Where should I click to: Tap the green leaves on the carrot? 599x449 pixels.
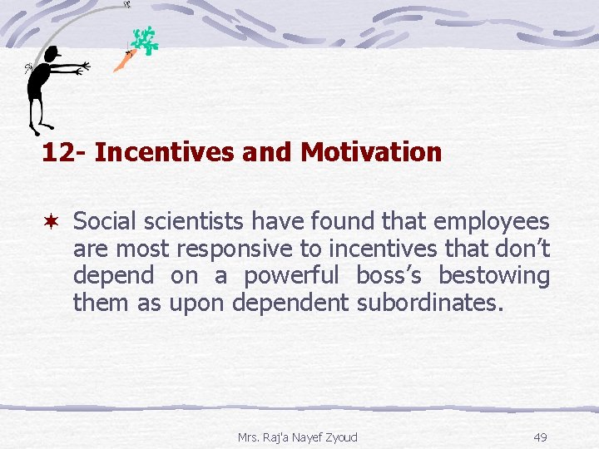[x=146, y=40]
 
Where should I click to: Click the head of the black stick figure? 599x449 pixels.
[x=52, y=55]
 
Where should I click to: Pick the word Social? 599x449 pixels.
[x=104, y=221]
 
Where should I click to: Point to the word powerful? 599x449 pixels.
[x=291, y=276]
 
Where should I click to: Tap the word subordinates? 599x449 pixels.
[x=430, y=303]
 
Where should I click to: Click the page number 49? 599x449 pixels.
[x=540, y=437]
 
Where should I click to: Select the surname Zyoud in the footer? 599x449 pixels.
[x=341, y=437]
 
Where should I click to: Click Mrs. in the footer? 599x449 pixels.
[x=249, y=437]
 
